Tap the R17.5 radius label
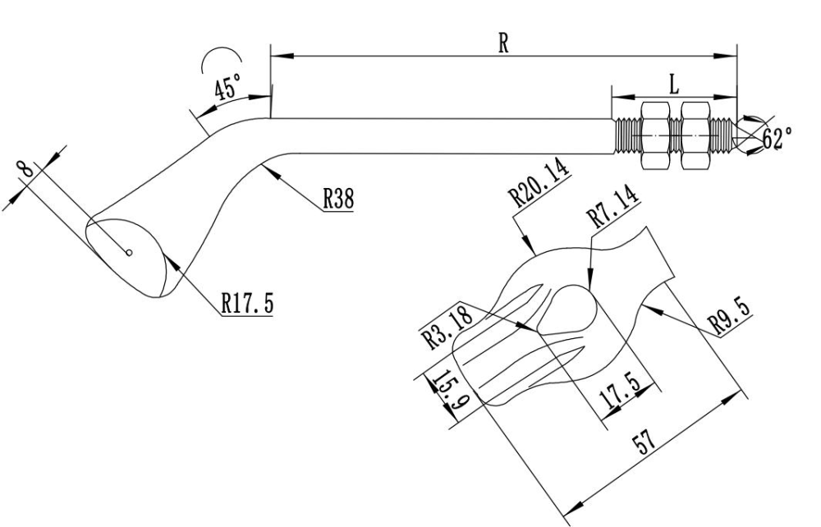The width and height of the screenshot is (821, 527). click(x=248, y=303)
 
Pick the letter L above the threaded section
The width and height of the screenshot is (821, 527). click(x=674, y=85)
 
